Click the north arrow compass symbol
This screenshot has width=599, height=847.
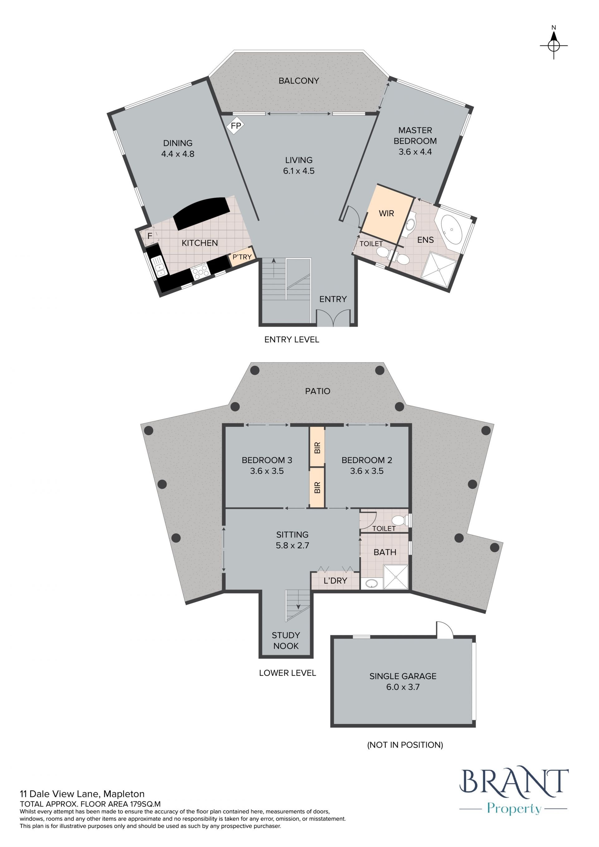click(x=554, y=45)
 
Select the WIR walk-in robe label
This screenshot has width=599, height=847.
click(x=386, y=213)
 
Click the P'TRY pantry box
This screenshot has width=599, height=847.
click(x=242, y=257)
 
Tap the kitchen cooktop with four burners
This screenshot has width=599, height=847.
click(x=200, y=272)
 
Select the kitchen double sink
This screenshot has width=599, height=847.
click(x=160, y=265)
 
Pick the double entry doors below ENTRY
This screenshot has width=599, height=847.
click(x=333, y=318)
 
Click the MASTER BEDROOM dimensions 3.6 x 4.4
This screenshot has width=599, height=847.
click(x=415, y=152)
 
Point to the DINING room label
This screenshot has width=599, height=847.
click(x=178, y=143)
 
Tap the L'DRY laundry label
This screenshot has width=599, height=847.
click(x=335, y=581)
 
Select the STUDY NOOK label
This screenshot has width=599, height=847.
click(x=286, y=640)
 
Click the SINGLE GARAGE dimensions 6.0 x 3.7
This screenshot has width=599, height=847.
click(x=403, y=687)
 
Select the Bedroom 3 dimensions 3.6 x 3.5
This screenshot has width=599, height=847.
click(x=267, y=471)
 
